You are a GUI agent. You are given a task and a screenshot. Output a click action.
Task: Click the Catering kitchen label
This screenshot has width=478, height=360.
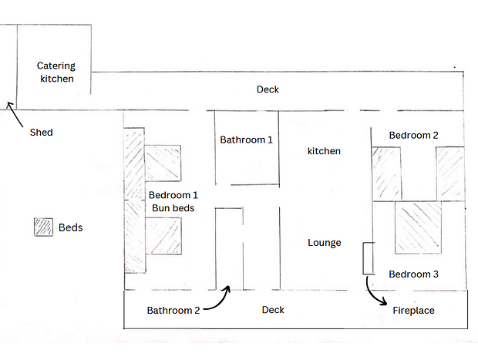56,72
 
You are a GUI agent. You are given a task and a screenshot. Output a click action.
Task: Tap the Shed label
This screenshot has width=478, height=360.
41,133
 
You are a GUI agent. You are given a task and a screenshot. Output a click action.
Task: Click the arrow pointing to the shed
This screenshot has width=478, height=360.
15,114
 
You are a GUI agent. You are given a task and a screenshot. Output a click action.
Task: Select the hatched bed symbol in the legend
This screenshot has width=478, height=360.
43,227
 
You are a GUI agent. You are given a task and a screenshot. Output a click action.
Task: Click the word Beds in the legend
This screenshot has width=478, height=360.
70,227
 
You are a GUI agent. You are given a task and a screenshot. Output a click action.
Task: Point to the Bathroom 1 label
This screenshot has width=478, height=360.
246,140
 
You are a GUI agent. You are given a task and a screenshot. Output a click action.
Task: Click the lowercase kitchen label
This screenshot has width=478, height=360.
324,151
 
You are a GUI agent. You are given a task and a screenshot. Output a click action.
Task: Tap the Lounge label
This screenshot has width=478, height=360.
325,243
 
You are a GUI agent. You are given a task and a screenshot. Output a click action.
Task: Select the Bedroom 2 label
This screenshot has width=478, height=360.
414,135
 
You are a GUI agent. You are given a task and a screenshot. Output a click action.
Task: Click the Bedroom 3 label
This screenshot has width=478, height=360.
414,274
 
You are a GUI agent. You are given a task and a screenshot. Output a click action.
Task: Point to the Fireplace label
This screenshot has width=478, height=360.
413,311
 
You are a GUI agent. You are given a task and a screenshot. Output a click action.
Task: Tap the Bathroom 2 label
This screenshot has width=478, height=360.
173,311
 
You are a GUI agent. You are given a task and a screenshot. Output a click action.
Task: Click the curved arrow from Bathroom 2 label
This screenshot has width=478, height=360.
222,304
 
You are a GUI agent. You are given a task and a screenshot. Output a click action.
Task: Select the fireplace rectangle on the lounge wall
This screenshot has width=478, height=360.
369,258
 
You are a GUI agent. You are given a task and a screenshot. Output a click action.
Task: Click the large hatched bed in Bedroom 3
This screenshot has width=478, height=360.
418,227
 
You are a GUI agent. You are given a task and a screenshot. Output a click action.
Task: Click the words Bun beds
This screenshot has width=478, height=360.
173,208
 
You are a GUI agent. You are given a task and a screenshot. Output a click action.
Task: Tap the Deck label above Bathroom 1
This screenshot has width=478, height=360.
268,89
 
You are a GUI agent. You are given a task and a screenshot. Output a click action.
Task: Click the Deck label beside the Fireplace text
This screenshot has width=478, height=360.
273,310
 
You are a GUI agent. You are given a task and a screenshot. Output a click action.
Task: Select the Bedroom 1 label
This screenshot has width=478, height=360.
173,195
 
